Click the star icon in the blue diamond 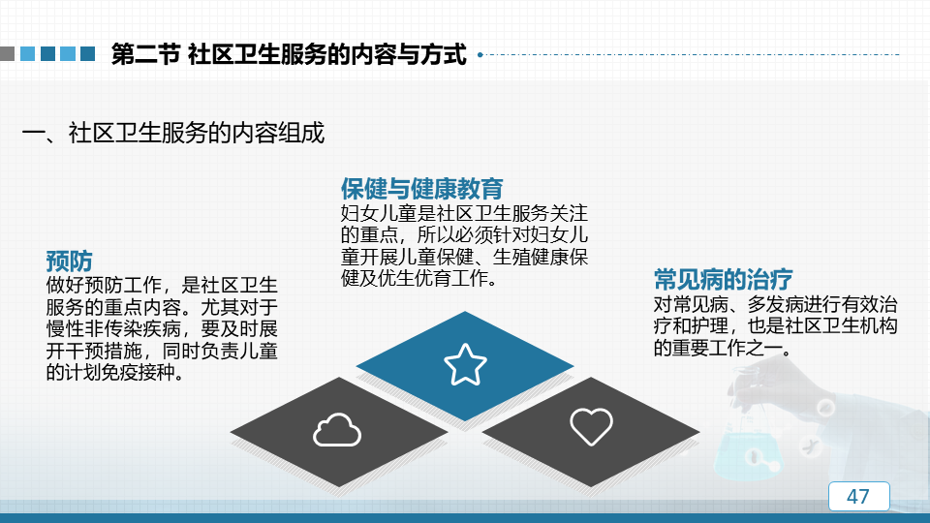pos(465,365)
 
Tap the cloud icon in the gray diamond pos(337,430)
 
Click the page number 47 pos(858,496)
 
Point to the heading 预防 pos(70,261)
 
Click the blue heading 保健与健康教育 pos(421,189)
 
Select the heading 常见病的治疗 pos(723,279)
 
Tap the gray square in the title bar pos(7,54)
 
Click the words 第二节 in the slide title pos(146,54)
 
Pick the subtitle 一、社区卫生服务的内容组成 pos(173,133)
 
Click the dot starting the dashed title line pos(480,54)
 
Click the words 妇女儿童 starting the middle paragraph pos(379,213)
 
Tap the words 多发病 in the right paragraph pos(775,304)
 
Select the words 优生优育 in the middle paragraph pos(414,278)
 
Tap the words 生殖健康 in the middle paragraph pos(531,257)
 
